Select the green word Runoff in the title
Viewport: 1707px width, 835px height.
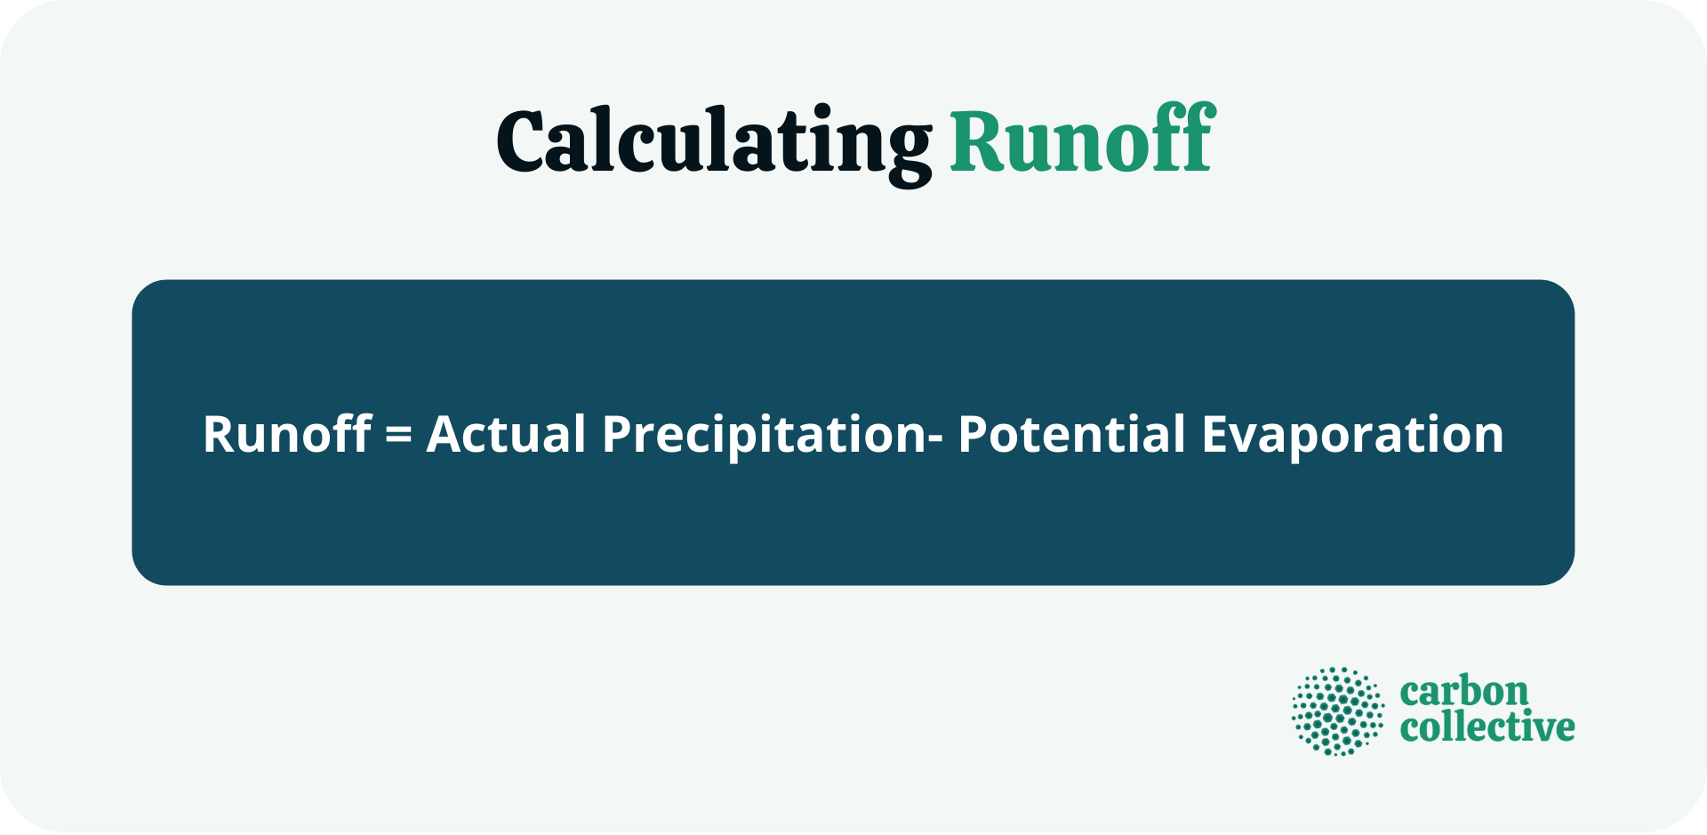[x=1082, y=141]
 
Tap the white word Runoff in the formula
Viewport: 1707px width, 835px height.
[x=286, y=434]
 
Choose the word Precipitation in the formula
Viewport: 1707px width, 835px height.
[x=765, y=434]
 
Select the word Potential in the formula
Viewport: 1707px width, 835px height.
[x=1071, y=434]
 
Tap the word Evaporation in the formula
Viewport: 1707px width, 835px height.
[x=1352, y=434]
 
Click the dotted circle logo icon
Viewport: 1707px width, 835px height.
[x=1338, y=711]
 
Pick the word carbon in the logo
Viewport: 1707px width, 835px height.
[x=1463, y=692]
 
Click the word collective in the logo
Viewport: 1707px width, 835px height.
[x=1487, y=727]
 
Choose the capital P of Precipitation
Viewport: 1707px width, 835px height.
[x=618, y=434]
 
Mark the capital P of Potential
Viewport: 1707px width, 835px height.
[x=974, y=434]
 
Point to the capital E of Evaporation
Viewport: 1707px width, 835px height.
[x=1217, y=434]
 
